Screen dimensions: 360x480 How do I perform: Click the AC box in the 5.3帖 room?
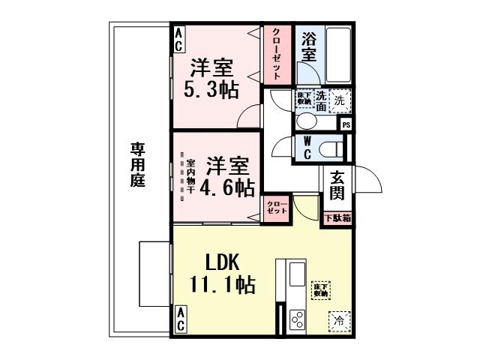click(x=180, y=40)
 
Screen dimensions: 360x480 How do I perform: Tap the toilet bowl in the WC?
click(x=330, y=149)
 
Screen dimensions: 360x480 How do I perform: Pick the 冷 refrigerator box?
click(x=338, y=321)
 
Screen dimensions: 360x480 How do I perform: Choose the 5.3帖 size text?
click(x=211, y=90)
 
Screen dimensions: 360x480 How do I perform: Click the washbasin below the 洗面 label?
click(x=307, y=121)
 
